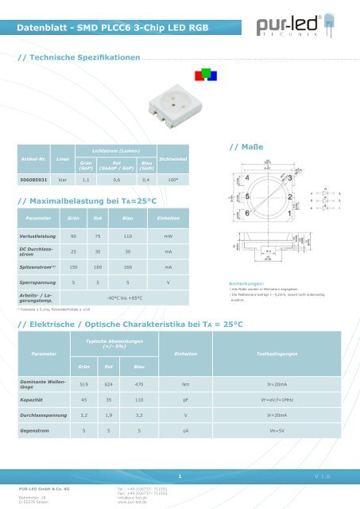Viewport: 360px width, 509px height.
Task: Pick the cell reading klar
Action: pyautogui.click(x=62, y=181)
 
